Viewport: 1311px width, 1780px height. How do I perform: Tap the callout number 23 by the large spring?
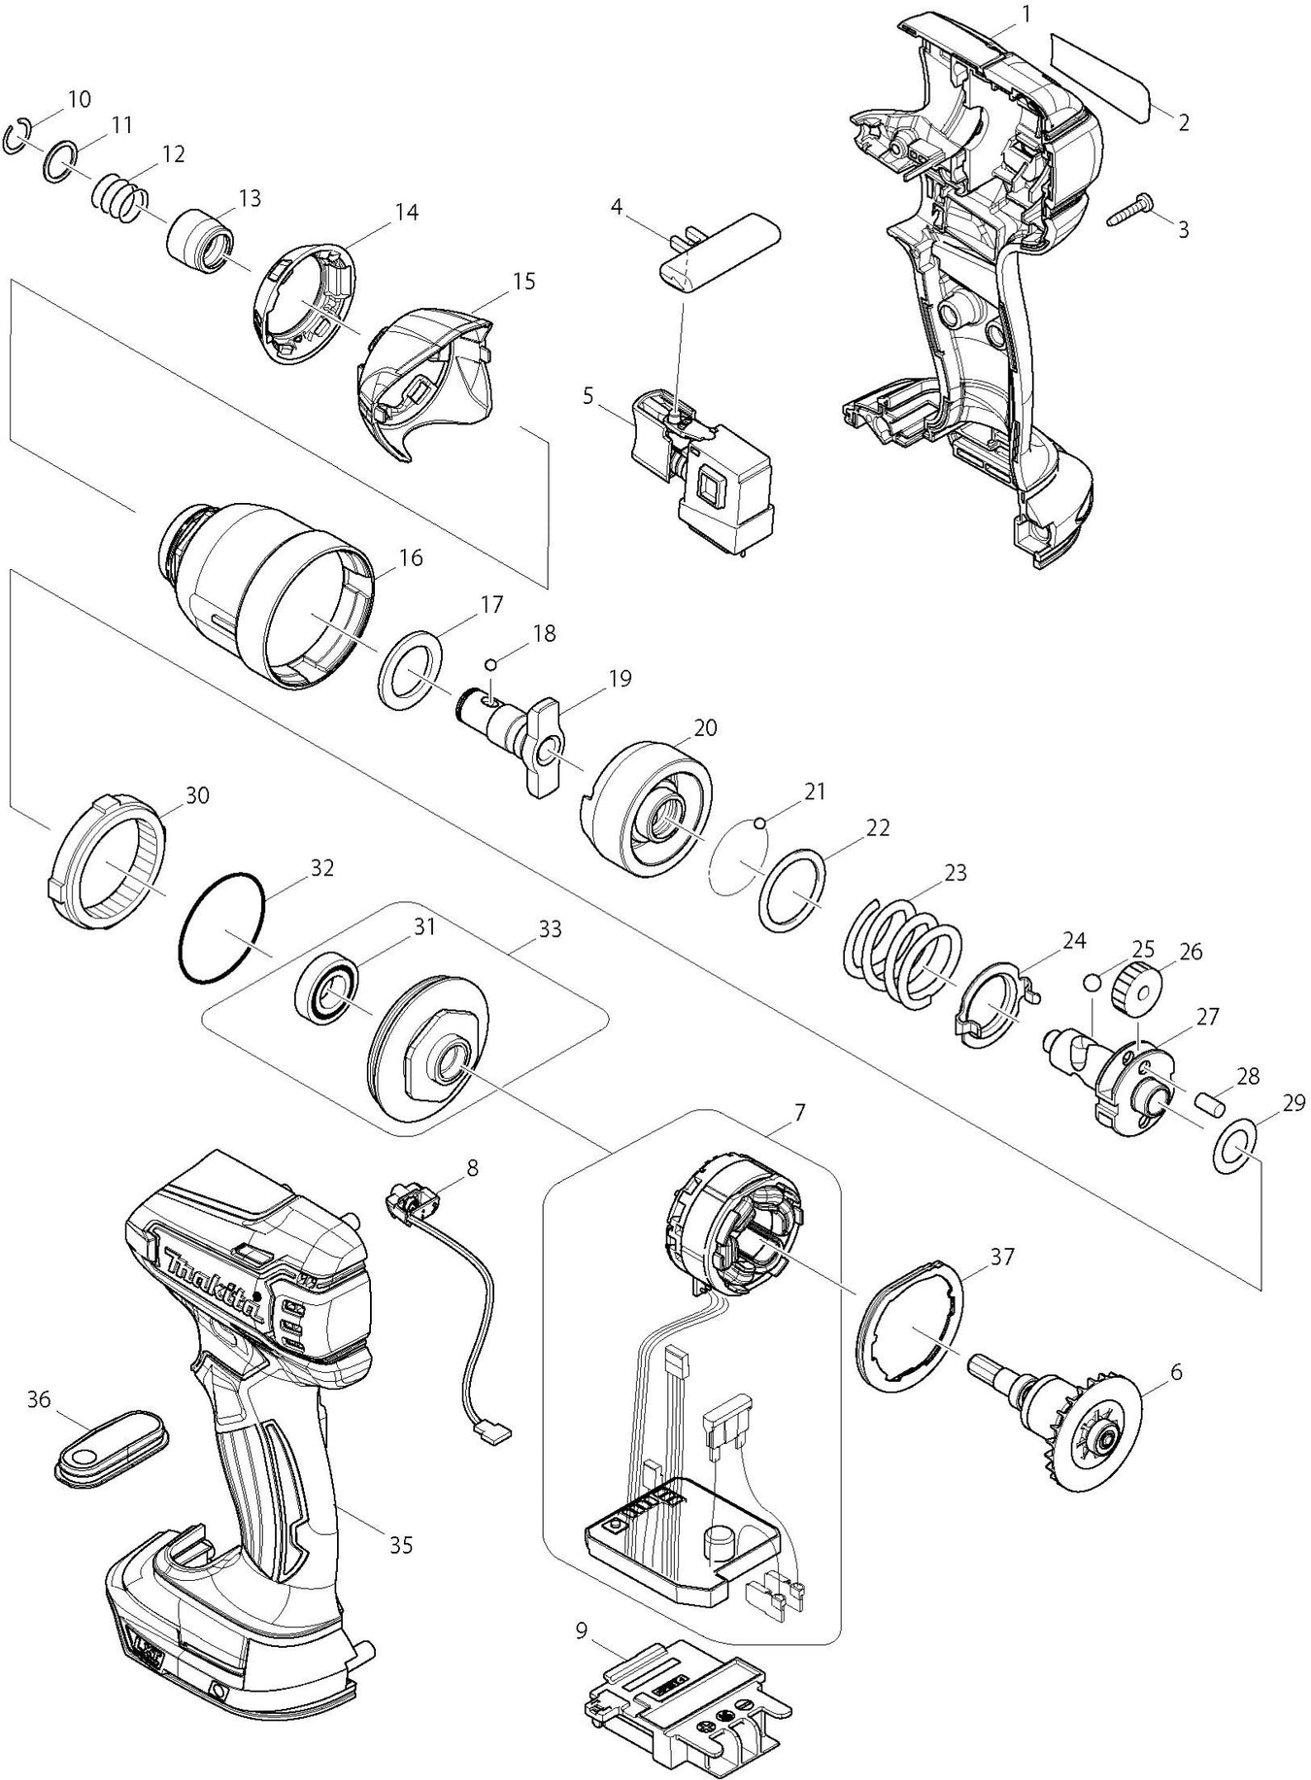tap(956, 872)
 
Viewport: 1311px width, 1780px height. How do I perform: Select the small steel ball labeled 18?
tap(491, 664)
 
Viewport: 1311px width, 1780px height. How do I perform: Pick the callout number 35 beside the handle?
tap(401, 1543)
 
